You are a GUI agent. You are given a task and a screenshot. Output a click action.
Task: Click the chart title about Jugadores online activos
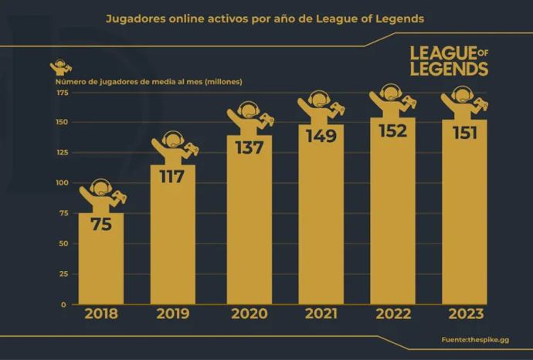tap(265, 19)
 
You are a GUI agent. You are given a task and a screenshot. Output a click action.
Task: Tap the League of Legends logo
tap(448, 61)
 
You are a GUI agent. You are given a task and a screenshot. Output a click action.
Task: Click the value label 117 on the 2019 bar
tap(171, 177)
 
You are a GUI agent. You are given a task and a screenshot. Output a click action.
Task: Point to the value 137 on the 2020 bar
tap(249, 148)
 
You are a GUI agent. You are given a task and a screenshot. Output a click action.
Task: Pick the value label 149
tap(321, 137)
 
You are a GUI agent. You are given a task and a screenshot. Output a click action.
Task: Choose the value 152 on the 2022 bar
tap(392, 131)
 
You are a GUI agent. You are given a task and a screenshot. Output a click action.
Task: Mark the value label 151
tap(464, 132)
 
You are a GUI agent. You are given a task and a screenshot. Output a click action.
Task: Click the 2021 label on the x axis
tap(321, 314)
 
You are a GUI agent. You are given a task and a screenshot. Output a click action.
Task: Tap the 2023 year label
tap(464, 314)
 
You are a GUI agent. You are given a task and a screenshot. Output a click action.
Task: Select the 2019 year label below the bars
tap(173, 314)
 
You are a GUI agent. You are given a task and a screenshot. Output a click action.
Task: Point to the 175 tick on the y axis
tap(62, 93)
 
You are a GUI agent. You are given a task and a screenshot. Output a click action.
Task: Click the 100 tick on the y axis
tap(62, 183)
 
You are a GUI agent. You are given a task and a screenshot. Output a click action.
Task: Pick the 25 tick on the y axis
tap(63, 274)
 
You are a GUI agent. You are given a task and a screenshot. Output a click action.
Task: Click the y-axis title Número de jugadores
tap(148, 80)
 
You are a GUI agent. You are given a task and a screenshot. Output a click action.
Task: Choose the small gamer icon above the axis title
tap(59, 67)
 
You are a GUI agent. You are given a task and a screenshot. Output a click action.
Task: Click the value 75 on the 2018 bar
tap(101, 225)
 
